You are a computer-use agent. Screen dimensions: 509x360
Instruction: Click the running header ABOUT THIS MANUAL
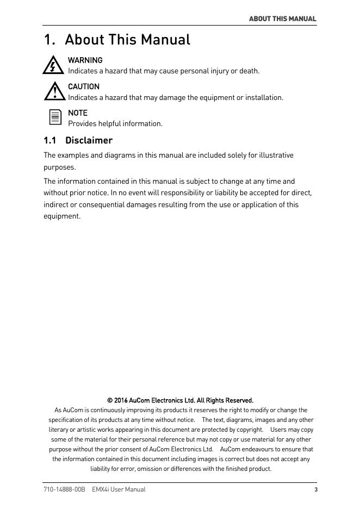(x=282, y=18)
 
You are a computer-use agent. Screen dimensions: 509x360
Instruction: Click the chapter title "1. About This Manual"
(x=117, y=40)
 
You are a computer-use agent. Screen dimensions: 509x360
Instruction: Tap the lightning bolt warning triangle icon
(x=53, y=65)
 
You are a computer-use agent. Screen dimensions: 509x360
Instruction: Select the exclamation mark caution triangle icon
(x=54, y=91)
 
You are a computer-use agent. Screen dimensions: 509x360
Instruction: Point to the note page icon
(x=55, y=117)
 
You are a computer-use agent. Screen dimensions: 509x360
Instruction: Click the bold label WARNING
(x=85, y=60)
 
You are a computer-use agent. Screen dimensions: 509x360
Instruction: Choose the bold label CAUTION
(x=83, y=86)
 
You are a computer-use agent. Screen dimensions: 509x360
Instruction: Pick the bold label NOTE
(x=77, y=113)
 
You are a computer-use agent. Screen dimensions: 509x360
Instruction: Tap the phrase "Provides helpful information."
(x=115, y=123)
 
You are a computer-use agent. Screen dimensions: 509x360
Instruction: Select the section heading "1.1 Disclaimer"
(x=78, y=140)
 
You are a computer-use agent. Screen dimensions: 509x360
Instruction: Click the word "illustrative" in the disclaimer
(x=275, y=155)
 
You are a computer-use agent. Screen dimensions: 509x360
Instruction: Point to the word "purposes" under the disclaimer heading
(x=59, y=167)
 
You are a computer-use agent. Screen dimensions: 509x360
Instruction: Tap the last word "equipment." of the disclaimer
(x=61, y=216)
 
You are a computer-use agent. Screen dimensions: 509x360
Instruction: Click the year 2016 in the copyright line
(x=121, y=400)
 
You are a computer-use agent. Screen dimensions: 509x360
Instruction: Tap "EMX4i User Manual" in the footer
(x=119, y=489)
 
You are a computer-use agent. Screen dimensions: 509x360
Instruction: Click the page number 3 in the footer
(x=315, y=489)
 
